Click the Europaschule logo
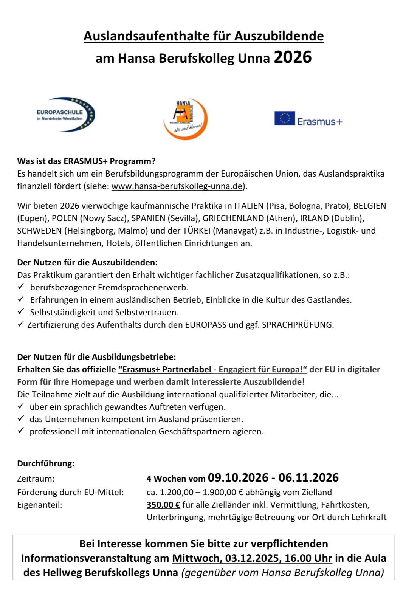(x=65, y=115)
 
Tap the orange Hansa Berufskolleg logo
(x=185, y=119)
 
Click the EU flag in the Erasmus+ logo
(x=284, y=118)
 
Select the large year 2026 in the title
(x=293, y=57)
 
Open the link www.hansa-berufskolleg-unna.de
(x=177, y=186)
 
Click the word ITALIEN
(x=249, y=206)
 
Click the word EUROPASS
(x=206, y=325)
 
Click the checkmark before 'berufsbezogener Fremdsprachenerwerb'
(x=21, y=287)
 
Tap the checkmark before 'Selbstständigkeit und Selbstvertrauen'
(x=21, y=311)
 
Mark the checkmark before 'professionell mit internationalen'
(x=21, y=431)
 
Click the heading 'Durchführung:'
(x=46, y=463)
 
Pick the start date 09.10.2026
(x=238, y=478)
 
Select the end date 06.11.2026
(x=308, y=478)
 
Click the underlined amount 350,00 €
(x=163, y=505)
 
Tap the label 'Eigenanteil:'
(x=40, y=505)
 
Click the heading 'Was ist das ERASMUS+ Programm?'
(x=86, y=161)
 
